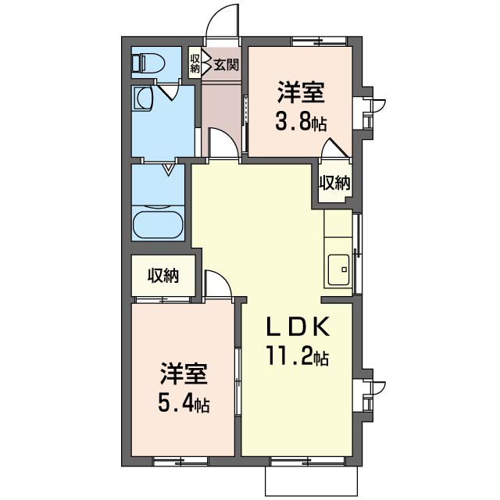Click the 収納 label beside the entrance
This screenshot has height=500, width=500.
click(195, 62)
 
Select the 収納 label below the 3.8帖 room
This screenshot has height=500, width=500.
click(334, 183)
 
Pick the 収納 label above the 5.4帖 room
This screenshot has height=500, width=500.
click(164, 275)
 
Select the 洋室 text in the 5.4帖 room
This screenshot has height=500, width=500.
click(184, 373)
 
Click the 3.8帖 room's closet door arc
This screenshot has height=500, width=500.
click(337, 148)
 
